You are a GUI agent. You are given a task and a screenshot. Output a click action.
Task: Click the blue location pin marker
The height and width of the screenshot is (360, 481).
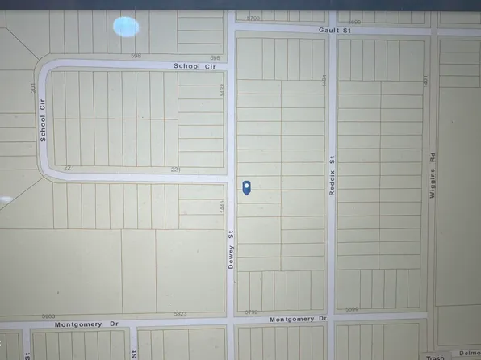[x=247, y=187]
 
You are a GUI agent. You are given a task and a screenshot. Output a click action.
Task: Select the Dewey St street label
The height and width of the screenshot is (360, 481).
[x=230, y=251]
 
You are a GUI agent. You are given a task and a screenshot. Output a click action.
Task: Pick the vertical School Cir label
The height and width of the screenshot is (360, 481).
[x=43, y=127]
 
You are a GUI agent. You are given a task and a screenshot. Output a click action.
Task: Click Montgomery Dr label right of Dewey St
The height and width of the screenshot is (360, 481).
[x=299, y=319]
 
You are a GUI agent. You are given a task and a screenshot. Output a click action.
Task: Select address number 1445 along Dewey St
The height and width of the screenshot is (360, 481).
[x=220, y=207]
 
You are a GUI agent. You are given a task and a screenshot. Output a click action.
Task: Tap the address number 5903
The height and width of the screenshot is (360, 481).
[x=48, y=316]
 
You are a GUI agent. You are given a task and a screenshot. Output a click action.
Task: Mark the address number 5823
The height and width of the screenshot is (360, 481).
[x=180, y=313]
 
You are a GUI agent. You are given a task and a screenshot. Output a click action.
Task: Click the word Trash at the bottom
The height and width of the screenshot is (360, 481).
[x=435, y=357]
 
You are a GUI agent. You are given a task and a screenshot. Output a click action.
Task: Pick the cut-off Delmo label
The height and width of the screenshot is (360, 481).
[x=469, y=353]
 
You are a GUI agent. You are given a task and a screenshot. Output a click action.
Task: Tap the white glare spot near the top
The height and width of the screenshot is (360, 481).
[x=126, y=27]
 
